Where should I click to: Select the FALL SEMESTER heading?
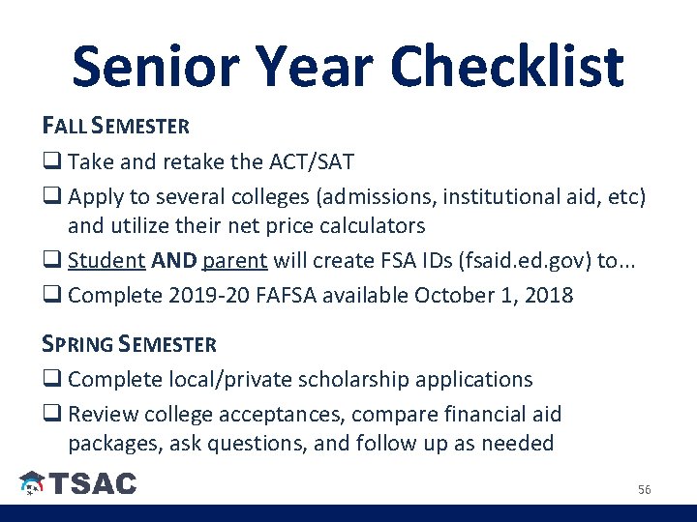(116, 126)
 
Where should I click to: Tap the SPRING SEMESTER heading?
(130, 344)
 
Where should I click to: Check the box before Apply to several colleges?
(51, 197)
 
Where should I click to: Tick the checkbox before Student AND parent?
(51, 261)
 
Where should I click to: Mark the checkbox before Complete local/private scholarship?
(51, 380)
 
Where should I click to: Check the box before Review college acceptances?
(51, 415)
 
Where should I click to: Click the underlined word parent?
(234, 260)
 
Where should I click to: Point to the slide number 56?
(645, 490)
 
